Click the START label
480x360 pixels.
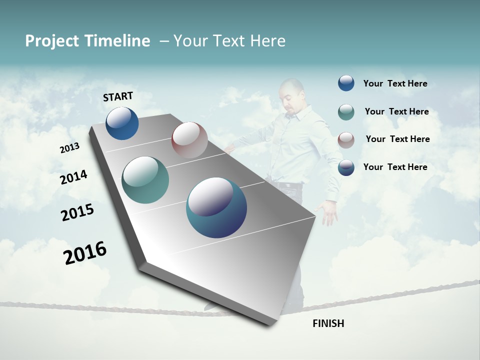tap(118, 96)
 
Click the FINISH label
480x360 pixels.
tap(328, 323)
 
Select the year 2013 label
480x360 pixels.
tap(69, 148)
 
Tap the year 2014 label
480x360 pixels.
tap(73, 177)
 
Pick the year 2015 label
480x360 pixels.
tap(77, 212)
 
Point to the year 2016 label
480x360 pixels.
tap(85, 253)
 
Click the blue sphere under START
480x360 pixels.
tap(122, 123)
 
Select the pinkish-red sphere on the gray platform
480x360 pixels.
tap(189, 139)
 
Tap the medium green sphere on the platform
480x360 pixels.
tap(145, 180)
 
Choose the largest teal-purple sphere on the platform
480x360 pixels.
tap(216, 207)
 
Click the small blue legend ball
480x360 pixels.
tap(346, 83)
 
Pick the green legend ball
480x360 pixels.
tap(346, 112)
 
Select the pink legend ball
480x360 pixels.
tap(346, 139)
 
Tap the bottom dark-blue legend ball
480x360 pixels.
tap(346, 167)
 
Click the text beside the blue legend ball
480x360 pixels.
tap(395, 84)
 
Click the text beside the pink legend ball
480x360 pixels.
tap(397, 139)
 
